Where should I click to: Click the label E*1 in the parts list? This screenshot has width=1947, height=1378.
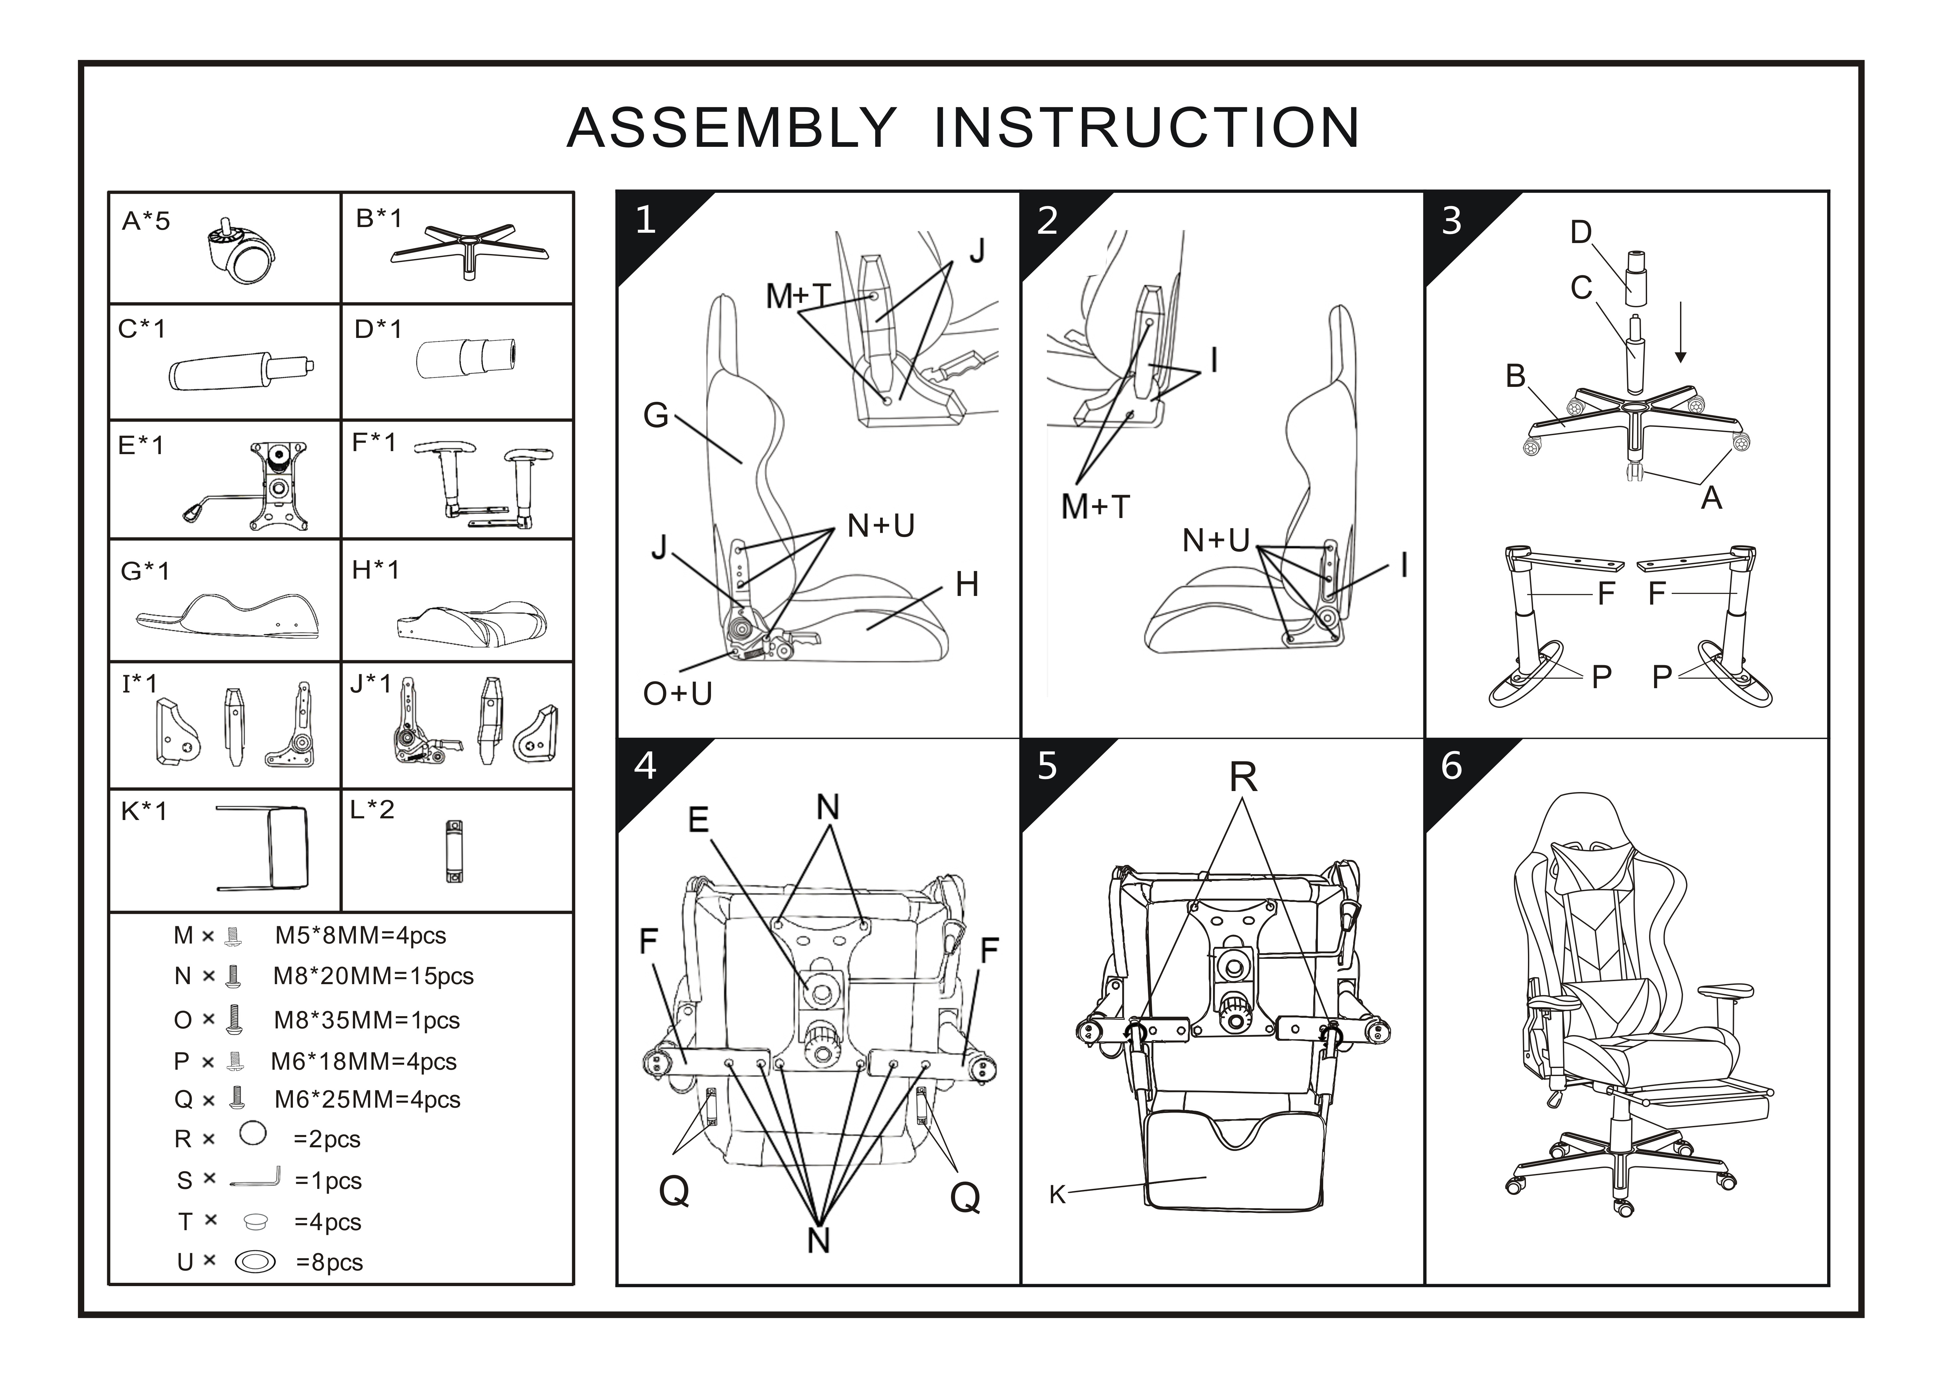[x=141, y=444]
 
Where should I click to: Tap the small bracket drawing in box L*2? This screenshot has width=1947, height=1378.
[x=455, y=852]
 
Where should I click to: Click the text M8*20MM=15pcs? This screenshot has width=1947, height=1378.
[x=373, y=976]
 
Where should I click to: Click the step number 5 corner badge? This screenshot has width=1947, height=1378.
[x=1048, y=766]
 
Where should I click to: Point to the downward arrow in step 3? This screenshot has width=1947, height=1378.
[x=1681, y=333]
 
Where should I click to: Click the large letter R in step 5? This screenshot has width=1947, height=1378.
[x=1243, y=776]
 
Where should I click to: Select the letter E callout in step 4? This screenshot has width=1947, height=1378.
[x=698, y=820]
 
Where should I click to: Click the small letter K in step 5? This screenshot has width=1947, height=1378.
[x=1056, y=1195]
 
